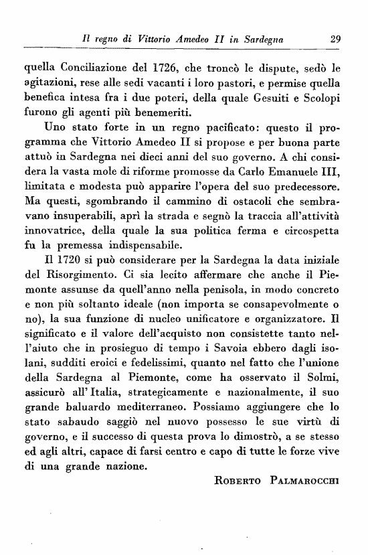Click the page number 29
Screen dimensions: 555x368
coord(337,39)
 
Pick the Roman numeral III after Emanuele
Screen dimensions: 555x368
coord(331,171)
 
